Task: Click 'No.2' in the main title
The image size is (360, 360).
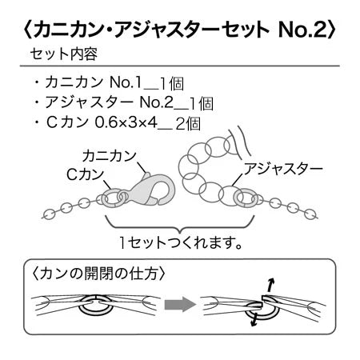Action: pos(302,29)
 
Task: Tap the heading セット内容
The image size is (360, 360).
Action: pos(64,54)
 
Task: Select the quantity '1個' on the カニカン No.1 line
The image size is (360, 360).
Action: pos(172,84)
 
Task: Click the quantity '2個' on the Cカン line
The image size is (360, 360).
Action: pos(188,124)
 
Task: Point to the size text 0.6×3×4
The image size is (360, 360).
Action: pos(126,122)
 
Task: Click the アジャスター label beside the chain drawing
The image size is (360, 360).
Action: pos(283,169)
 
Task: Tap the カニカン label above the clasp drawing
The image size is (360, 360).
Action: pos(110,156)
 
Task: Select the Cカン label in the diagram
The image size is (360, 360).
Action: pos(86,174)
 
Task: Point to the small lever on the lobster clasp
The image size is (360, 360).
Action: pos(146,176)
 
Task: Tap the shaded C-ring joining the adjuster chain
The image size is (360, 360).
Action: pos(246,198)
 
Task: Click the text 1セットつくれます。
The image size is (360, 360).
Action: pos(181,243)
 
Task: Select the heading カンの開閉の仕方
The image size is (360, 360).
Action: pos(98,274)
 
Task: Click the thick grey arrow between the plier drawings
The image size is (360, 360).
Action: pos(180,304)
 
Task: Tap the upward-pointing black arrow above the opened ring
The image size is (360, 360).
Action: pos(270,286)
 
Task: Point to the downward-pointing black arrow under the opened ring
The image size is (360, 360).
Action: pos(254,320)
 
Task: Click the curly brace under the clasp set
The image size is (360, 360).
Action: pos(180,226)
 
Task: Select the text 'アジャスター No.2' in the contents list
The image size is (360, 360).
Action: pos(110,102)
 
